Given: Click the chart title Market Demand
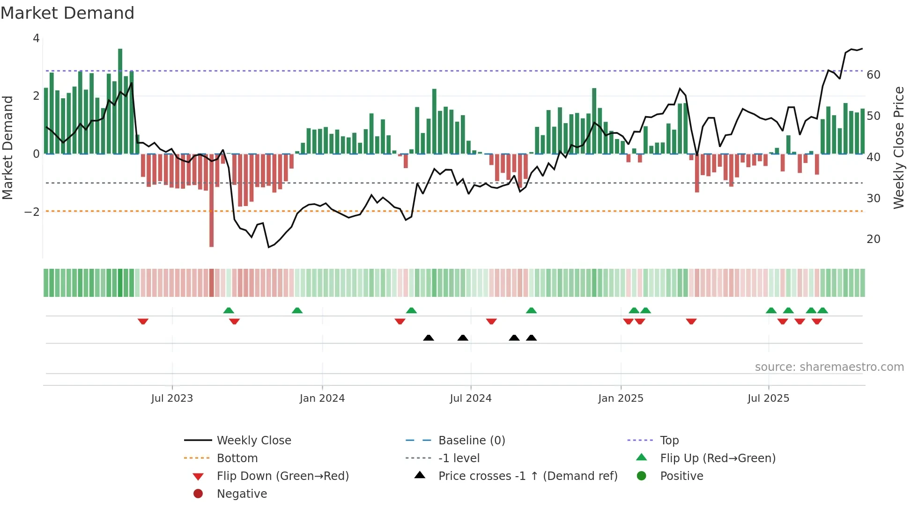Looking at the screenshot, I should (x=67, y=13).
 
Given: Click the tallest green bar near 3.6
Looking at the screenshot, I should (x=120, y=101).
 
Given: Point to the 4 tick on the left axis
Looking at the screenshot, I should (x=36, y=38).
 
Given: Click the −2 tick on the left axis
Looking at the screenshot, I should (x=32, y=212).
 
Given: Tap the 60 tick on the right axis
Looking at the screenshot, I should (x=873, y=75).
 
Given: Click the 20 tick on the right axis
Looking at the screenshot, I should (x=873, y=239).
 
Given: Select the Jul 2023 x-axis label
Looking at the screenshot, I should (x=172, y=398).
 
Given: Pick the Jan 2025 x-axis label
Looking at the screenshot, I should (x=621, y=398).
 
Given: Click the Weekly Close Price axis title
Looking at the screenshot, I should (x=898, y=147).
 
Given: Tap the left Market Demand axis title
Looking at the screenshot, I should (x=7, y=147).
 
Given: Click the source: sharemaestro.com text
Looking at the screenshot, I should (x=829, y=367).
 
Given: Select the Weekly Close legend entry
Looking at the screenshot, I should (x=253, y=441).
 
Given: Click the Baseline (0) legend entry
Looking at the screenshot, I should (x=471, y=441).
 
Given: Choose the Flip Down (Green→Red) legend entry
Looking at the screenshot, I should (x=282, y=476).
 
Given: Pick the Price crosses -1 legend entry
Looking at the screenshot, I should (x=527, y=476).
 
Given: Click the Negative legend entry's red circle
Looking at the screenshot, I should (x=198, y=494).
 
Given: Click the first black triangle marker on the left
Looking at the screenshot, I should (x=428, y=338).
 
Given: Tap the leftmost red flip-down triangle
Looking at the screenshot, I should (x=143, y=321).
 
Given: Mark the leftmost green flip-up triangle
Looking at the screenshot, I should (x=229, y=310).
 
